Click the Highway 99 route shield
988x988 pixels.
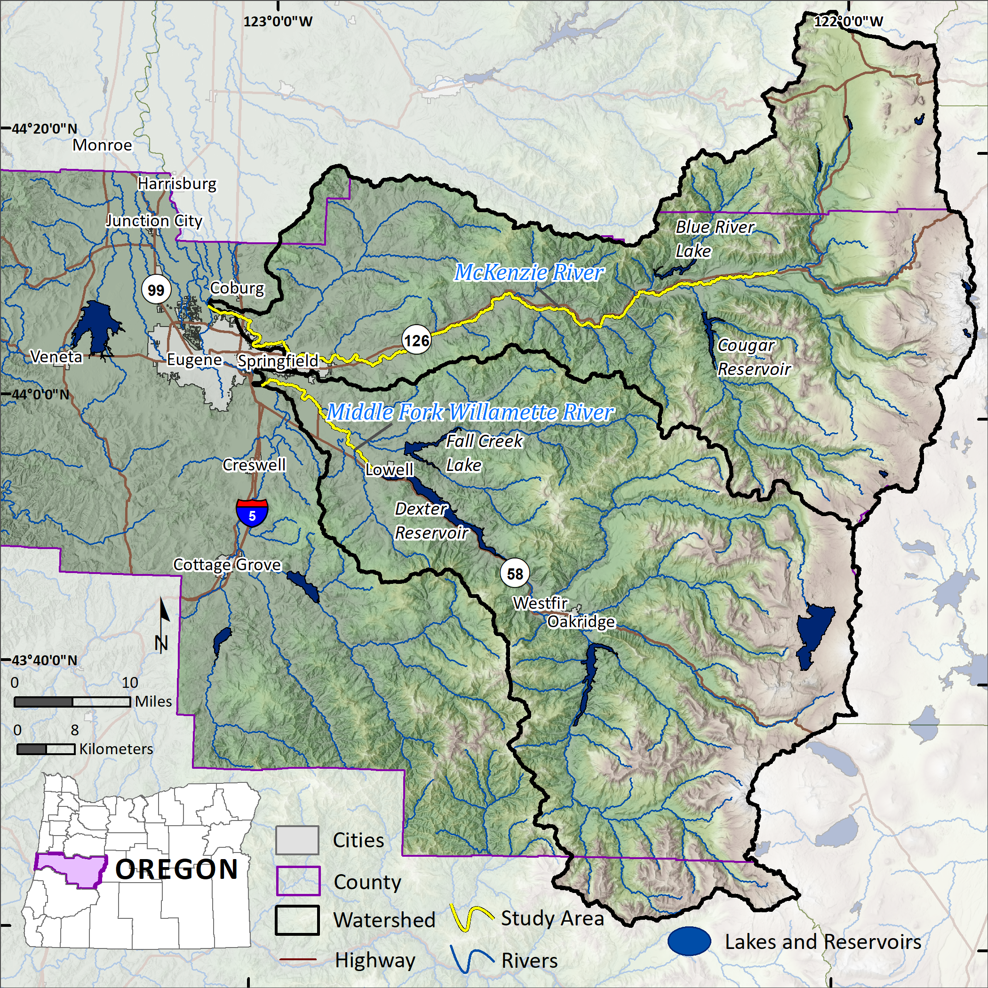click(156, 290)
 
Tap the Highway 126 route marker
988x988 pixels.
click(416, 340)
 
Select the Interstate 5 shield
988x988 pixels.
click(252, 513)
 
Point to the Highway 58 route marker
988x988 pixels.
click(514, 573)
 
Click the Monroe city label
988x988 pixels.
click(102, 145)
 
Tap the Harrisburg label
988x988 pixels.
click(177, 183)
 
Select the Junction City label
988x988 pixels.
click(154, 221)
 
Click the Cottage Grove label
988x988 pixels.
click(227, 565)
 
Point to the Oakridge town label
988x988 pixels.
click(581, 622)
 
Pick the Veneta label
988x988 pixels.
click(56, 357)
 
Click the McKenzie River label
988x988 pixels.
click(529, 272)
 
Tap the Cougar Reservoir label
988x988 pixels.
click(754, 357)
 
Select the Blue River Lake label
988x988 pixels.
click(714, 239)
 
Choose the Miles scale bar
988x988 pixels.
click(72, 701)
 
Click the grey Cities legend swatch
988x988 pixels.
click(297, 840)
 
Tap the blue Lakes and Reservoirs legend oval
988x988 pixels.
click(689, 941)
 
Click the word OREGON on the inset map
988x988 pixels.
click(176, 869)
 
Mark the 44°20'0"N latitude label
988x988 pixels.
click(45, 128)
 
